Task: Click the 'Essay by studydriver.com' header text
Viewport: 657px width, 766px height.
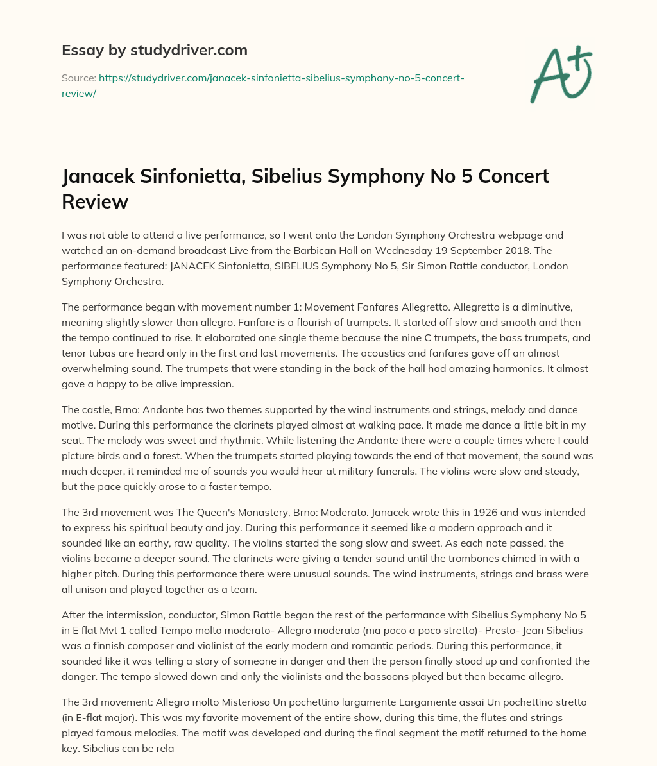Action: coord(154,50)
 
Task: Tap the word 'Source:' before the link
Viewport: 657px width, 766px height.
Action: coord(78,78)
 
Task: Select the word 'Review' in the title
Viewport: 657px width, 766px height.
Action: coord(95,201)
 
